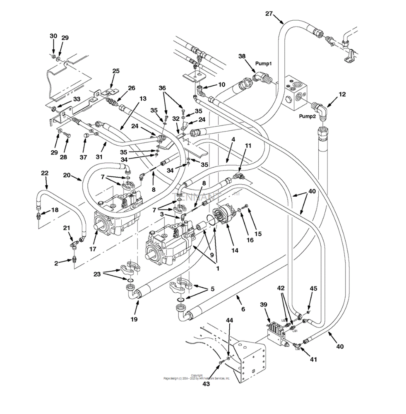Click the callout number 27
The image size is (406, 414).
coord(269,14)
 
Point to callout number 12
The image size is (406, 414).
coord(342,94)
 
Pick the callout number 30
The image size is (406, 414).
coord(53,36)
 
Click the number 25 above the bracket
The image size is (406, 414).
coord(116,71)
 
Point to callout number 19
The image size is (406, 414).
coord(135,319)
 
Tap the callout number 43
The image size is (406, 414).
coord(206,383)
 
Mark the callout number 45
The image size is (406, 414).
coord(313,289)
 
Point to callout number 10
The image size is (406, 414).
coord(221,84)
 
